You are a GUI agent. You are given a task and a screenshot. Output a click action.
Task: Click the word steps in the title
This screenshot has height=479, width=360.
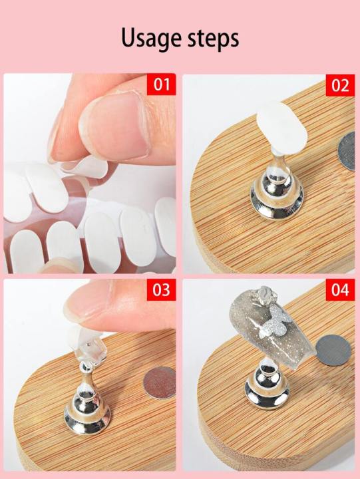coord(214,38)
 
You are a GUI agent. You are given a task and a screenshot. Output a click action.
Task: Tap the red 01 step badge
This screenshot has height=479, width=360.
coord(161,84)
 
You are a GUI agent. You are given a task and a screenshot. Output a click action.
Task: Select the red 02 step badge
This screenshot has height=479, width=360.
coord(340,85)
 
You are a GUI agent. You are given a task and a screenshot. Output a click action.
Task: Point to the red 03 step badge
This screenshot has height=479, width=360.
coord(161,289)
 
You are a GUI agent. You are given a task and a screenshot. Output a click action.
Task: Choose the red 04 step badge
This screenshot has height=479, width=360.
coord(340,289)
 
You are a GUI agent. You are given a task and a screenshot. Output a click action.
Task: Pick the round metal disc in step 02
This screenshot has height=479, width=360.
coord(347,151)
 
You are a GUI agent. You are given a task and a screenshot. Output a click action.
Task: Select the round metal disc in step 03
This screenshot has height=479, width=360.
coord(159,383)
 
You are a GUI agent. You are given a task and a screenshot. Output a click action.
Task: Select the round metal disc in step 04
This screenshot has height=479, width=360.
coord(333,350)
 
